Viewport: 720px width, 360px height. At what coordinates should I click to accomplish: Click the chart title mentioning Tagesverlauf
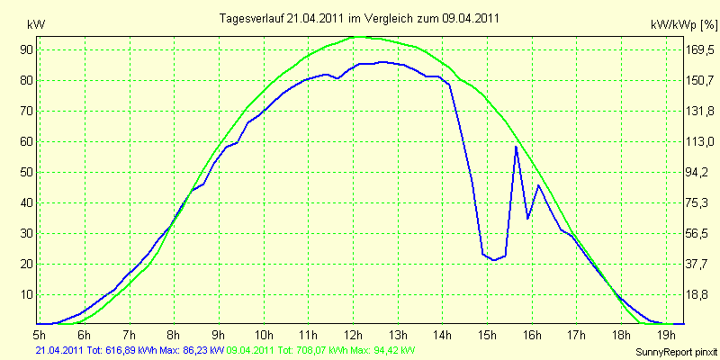click(359, 18)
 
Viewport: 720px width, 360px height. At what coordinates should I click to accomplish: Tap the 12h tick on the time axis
click(353, 333)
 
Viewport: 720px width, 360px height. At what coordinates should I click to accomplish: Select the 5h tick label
click(40, 333)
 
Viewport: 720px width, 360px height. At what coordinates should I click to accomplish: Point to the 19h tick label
click(666, 333)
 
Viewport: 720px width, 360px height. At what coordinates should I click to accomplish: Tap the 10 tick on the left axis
click(35, 295)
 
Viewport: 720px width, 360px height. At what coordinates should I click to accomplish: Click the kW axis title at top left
click(36, 25)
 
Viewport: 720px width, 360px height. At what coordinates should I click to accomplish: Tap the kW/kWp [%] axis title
click(684, 25)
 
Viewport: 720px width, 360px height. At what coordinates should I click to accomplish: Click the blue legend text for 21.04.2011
click(130, 351)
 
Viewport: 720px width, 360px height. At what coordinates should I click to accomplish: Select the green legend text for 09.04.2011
click(321, 351)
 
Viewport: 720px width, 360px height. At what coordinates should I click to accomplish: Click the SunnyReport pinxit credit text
click(677, 353)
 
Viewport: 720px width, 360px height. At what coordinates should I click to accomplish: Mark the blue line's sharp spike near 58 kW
click(516, 147)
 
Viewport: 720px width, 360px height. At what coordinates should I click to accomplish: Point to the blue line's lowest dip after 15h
click(493, 260)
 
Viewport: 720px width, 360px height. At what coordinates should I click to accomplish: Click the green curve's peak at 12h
click(358, 37)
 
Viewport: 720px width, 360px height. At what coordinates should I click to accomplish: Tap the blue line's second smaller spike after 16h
click(538, 185)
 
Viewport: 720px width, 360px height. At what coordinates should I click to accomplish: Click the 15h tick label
click(488, 333)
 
